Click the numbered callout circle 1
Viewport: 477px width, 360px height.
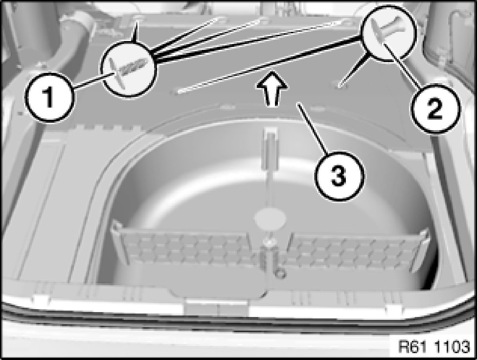point(49,97)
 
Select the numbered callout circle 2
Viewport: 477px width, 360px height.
point(435,109)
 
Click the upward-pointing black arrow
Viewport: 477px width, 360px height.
point(272,89)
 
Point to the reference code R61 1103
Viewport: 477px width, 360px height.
point(434,347)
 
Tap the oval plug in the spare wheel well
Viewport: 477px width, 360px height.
point(270,218)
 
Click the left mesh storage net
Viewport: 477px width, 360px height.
point(182,248)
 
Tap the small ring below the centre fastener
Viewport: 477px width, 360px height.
point(280,274)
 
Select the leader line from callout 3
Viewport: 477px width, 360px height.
point(313,128)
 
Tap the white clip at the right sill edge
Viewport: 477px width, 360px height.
point(394,309)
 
